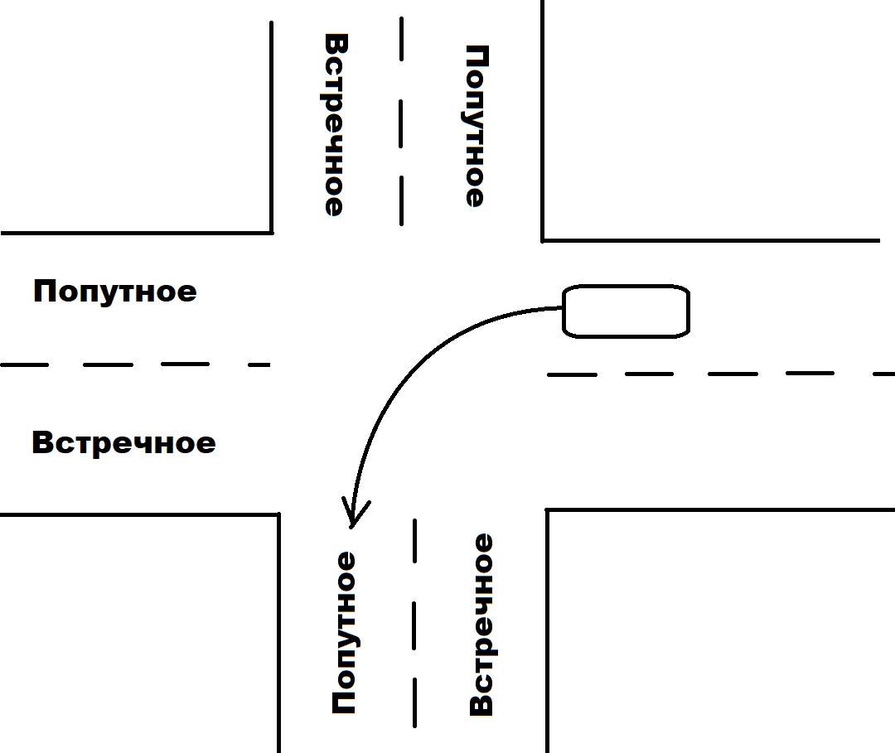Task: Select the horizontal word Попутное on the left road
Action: tap(114, 292)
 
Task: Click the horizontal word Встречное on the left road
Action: tap(123, 442)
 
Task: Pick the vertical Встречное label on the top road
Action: tap(336, 125)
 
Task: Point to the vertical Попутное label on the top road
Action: tap(476, 126)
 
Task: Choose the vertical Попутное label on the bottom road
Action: tap(345, 632)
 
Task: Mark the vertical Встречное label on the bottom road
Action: tap(481, 625)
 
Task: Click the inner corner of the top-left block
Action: tap(272, 233)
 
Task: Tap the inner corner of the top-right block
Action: tap(542, 241)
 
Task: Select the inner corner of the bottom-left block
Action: tap(278, 514)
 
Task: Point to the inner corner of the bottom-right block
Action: tap(547, 509)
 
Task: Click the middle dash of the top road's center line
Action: tap(401, 123)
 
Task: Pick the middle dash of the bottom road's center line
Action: tap(414, 625)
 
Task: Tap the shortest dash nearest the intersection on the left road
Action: tap(259, 364)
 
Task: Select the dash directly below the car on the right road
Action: tap(650, 374)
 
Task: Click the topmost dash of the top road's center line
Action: tap(402, 39)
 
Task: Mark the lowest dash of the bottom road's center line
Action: tap(414, 702)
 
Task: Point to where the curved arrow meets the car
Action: tap(563, 308)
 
